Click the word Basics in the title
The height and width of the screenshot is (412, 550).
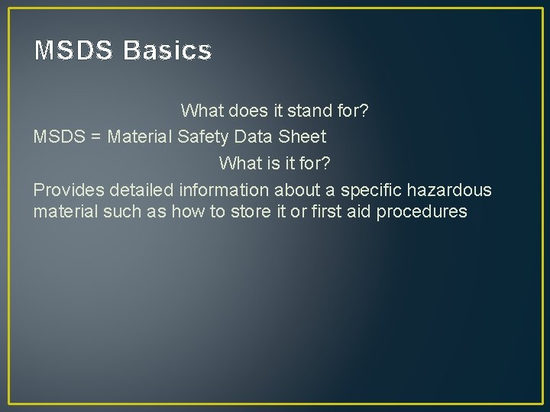(x=167, y=51)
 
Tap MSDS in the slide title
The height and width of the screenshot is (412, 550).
(x=73, y=51)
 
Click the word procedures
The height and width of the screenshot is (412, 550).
(x=419, y=211)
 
